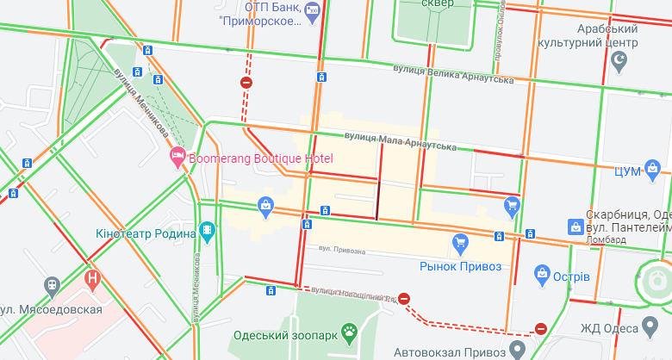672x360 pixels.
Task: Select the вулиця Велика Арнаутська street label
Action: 452,74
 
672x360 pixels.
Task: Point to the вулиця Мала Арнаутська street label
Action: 400,140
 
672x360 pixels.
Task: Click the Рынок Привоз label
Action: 460,266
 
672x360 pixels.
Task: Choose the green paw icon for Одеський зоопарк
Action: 349,331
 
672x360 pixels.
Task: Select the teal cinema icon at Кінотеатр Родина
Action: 207,230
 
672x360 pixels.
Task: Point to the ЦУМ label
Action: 628,171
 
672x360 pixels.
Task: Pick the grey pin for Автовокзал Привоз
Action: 517,349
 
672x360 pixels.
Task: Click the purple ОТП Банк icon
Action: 312,9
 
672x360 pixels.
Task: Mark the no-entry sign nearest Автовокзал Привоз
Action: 541,328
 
